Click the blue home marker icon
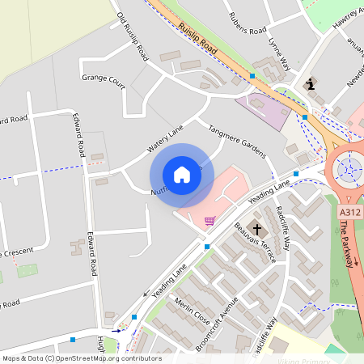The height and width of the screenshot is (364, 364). tap(182, 175)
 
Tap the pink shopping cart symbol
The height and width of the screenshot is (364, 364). tap(210, 220)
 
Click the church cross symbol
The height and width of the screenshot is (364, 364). tap(256, 229)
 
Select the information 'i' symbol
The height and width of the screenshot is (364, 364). tap(310, 83)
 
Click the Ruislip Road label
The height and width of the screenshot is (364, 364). tap(199, 38)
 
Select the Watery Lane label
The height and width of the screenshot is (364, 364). tap(166, 140)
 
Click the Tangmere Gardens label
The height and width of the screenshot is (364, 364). tap(237, 141)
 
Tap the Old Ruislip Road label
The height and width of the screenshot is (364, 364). tap(133, 37)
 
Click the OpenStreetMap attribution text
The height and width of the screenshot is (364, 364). tap(81, 358)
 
